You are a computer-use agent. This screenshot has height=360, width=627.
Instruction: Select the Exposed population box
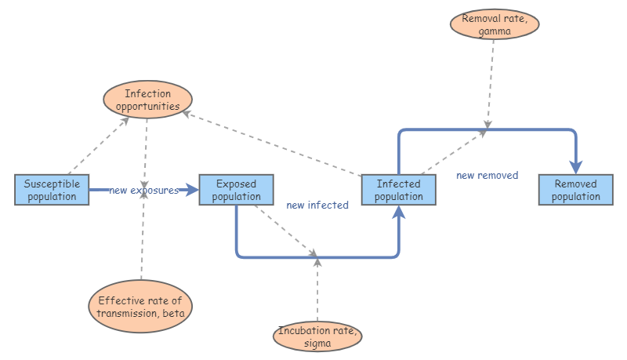coord(236,190)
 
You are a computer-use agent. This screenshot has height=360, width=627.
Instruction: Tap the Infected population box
coord(398,190)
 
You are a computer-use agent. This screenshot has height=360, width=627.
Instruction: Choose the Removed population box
coord(575,190)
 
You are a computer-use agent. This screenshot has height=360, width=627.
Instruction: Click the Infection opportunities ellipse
coord(147,100)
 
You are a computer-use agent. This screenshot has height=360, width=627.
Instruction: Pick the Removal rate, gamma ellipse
coord(495,23)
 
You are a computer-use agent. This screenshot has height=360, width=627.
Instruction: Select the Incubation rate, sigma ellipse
coord(318,336)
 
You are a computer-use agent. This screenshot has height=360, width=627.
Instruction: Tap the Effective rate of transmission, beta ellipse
coord(140,306)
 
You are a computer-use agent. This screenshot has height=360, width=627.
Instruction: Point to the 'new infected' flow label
coord(317,205)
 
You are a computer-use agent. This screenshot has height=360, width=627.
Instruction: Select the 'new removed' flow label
coord(487,176)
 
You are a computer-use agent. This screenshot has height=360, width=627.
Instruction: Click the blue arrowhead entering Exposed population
coord(191,190)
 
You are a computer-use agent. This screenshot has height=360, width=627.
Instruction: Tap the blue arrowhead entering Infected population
coord(399,213)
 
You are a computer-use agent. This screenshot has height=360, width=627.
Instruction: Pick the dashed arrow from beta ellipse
coord(143,235)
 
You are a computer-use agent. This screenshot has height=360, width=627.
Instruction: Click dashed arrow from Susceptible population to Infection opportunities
coord(98,145)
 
